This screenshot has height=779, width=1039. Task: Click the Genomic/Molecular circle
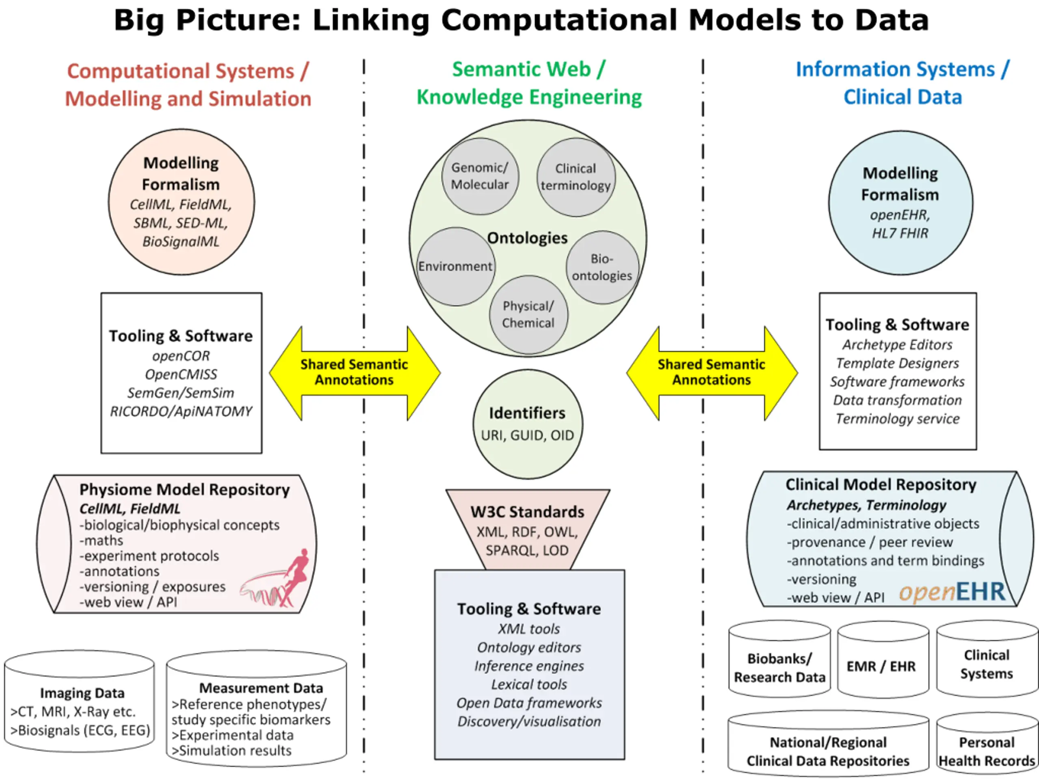coord(480,176)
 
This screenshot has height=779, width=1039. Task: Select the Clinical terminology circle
coord(576,177)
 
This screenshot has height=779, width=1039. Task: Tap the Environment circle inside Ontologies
coord(456,267)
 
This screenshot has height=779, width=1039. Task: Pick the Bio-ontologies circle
coord(602,267)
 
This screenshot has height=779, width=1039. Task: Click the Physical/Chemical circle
coord(528,314)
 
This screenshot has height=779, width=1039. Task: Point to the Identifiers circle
coord(528,424)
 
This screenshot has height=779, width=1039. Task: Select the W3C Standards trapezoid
coord(528,529)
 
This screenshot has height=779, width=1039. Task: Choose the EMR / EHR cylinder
coord(883,659)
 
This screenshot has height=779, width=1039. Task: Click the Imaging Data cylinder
coord(80,701)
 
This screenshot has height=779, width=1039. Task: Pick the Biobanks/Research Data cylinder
coord(779,658)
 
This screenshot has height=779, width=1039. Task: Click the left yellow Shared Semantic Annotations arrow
coord(355,373)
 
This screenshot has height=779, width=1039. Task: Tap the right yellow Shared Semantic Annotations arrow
coord(711,373)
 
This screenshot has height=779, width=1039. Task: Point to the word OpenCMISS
coord(181,374)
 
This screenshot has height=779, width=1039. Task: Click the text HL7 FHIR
coord(900,233)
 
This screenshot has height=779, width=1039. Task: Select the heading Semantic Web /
coord(528,69)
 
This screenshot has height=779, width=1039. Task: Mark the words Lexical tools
coord(529,684)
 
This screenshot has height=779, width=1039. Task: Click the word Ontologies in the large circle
coord(527,238)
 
